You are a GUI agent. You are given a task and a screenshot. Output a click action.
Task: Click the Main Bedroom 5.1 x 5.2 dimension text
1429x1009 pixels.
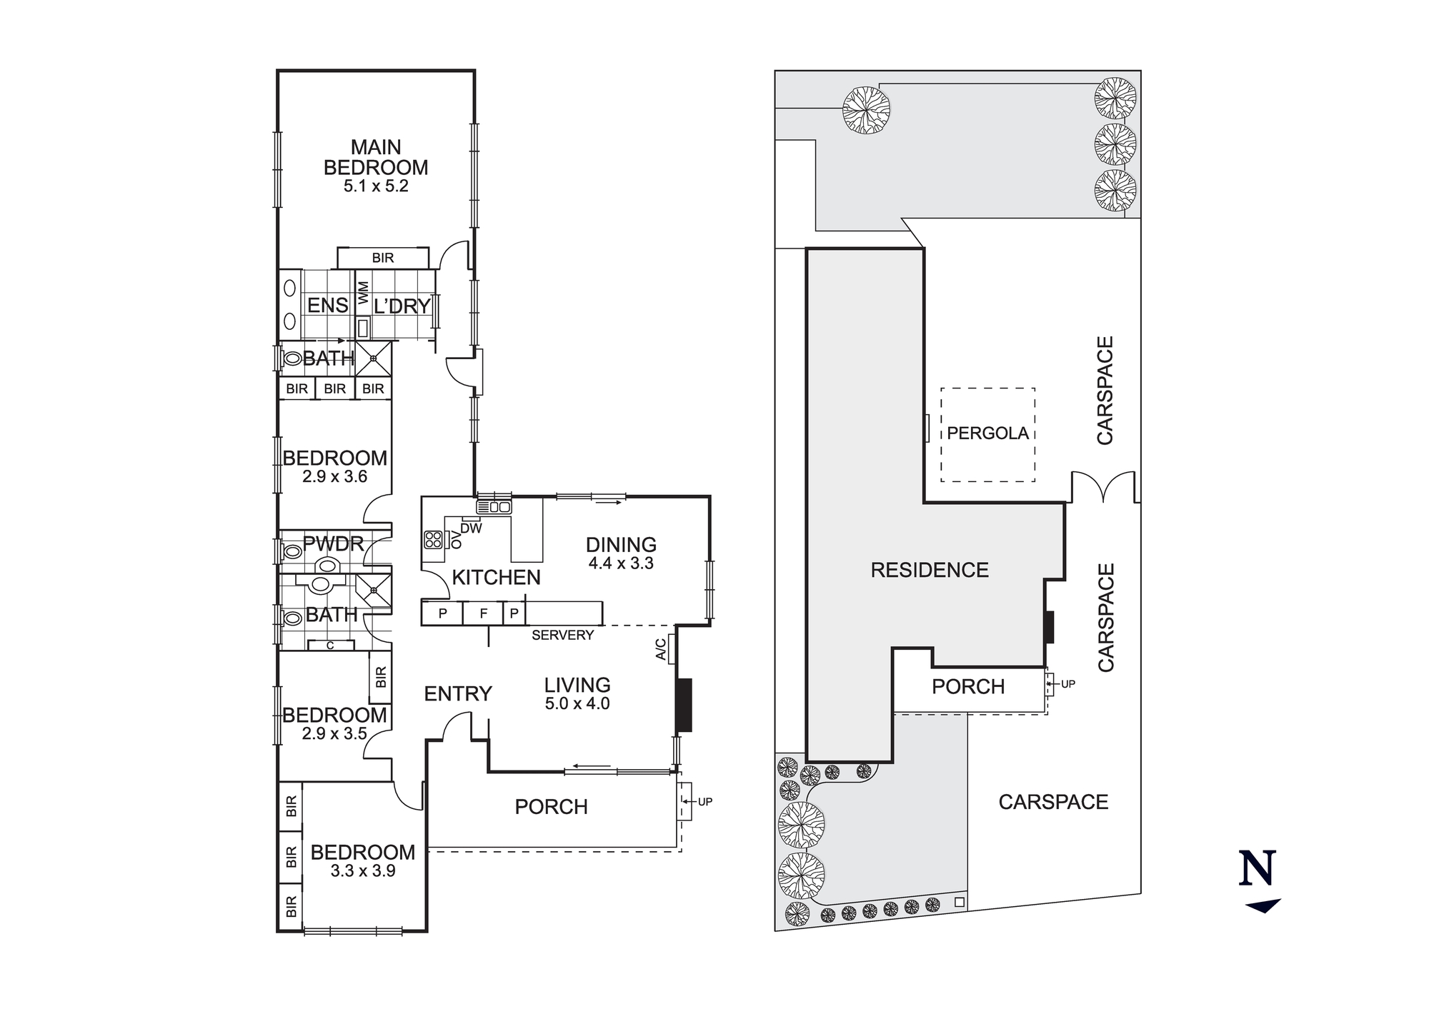click(x=376, y=186)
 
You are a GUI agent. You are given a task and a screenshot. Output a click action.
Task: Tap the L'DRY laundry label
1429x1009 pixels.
click(x=402, y=306)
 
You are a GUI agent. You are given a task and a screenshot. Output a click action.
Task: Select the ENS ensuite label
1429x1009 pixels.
click(x=327, y=306)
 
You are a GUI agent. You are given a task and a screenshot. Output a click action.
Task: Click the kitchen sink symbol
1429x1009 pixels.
click(x=494, y=507)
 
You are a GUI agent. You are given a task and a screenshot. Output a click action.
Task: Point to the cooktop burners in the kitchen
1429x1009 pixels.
click(x=433, y=540)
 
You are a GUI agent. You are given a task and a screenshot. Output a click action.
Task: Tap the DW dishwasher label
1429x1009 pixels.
click(x=471, y=528)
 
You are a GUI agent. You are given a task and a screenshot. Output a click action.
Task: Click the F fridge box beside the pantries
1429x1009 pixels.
click(x=483, y=613)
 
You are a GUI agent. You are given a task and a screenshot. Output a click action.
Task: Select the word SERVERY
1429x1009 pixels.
click(x=562, y=635)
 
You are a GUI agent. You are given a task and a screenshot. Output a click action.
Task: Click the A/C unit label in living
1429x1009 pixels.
click(x=661, y=649)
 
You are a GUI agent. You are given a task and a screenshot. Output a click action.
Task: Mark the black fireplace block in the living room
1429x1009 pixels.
click(x=684, y=705)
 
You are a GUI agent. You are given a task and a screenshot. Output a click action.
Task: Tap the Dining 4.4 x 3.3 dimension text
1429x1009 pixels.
click(x=621, y=563)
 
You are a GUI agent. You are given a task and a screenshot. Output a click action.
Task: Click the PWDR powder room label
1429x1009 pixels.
click(x=333, y=543)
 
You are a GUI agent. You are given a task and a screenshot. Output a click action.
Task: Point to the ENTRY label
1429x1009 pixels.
click(x=458, y=693)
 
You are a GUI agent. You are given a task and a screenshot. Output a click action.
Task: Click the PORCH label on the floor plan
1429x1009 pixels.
click(x=551, y=807)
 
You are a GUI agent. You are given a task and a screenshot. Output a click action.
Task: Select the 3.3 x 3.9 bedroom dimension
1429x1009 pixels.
click(x=363, y=871)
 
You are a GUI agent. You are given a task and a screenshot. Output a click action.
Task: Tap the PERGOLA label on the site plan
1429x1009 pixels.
click(x=987, y=433)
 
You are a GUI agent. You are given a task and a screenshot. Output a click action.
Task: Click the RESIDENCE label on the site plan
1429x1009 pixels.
click(x=930, y=570)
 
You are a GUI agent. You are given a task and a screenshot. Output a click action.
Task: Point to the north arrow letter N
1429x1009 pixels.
click(x=1258, y=868)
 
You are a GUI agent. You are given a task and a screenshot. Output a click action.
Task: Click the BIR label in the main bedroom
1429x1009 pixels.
click(x=383, y=258)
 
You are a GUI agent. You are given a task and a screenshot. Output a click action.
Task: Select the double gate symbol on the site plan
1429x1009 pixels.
click(x=1103, y=487)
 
